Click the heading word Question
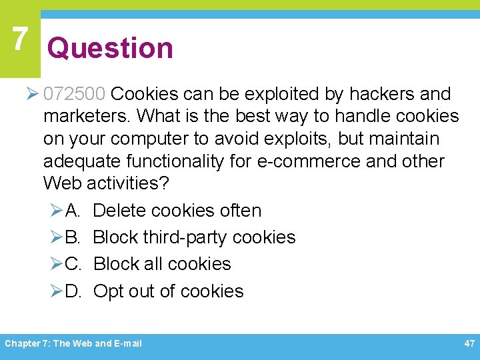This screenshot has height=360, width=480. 110,48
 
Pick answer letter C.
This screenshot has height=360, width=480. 73,264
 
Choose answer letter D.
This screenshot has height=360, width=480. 73,291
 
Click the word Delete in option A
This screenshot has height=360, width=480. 119,211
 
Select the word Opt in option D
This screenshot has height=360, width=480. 109,292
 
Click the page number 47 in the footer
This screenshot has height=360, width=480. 469,343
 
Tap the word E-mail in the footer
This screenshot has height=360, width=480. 128,344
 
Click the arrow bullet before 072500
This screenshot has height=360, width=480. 35,95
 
